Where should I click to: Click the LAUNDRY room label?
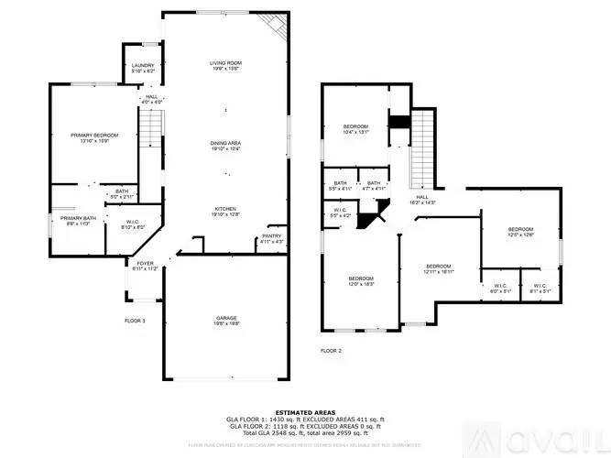(142, 67)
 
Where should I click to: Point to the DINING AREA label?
(225, 145)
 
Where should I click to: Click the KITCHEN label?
(225, 210)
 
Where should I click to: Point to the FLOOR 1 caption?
(136, 321)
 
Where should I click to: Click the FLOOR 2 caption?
(331, 351)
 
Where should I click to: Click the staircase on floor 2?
(420, 151)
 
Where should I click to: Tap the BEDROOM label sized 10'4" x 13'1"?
(355, 128)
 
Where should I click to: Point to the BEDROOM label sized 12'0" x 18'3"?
(360, 281)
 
